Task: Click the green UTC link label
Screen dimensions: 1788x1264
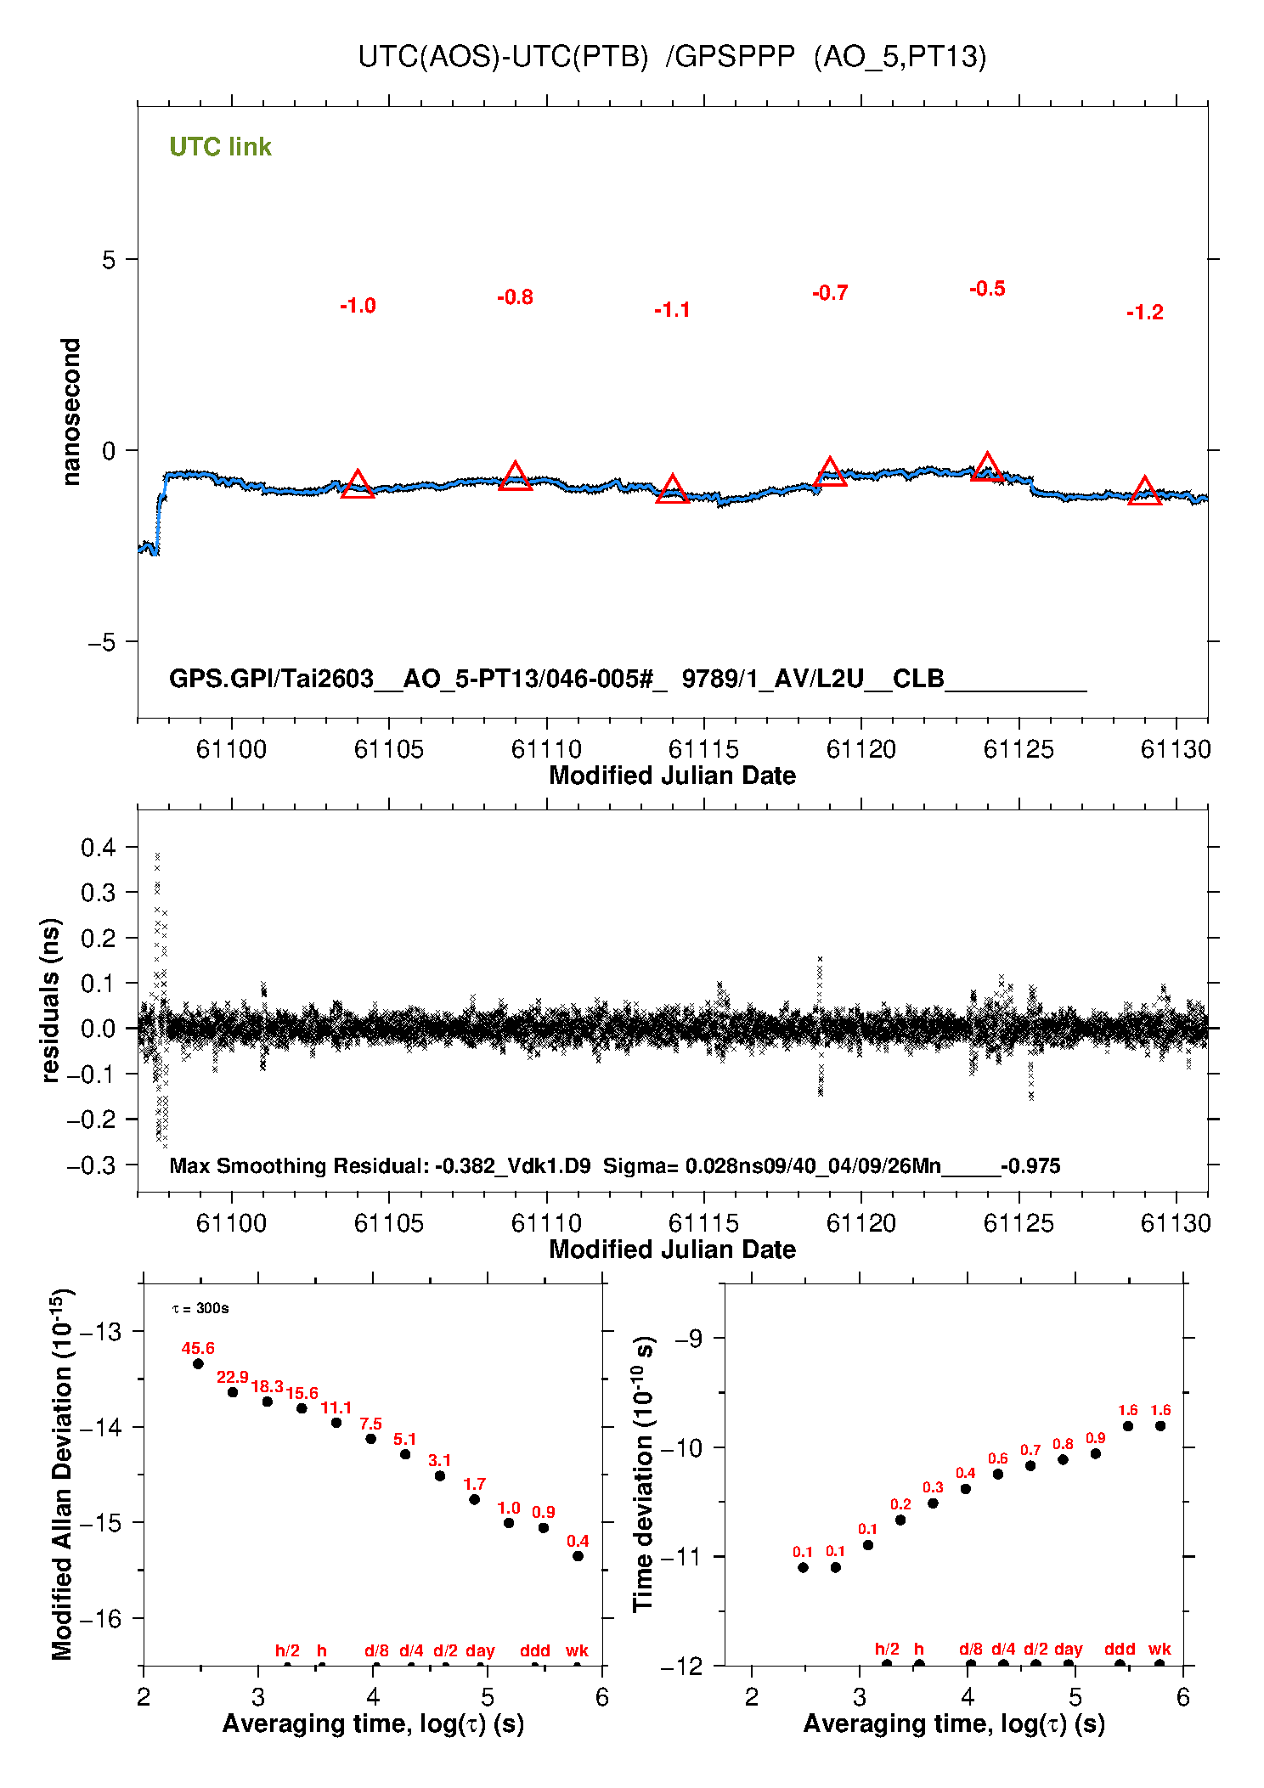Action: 220,147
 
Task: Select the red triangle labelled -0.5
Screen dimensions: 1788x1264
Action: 987,467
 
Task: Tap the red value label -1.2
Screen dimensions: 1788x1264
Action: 1144,313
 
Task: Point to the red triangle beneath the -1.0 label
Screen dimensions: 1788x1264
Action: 358,485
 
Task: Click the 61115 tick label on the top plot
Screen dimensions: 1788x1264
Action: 703,749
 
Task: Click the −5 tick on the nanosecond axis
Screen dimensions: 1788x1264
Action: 101,642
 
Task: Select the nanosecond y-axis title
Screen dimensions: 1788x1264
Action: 71,412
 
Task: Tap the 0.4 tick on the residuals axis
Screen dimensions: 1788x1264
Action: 98,847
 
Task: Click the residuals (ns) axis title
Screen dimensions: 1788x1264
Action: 51,1001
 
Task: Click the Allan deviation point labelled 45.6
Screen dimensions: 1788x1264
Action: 198,1364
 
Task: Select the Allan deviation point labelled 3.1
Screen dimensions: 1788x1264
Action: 440,1475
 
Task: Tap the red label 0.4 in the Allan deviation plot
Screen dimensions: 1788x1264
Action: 578,1541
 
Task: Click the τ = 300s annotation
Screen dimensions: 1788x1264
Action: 200,1308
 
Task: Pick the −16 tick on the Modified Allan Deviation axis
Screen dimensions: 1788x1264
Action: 99,1619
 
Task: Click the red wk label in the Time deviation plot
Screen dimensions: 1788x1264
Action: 1160,1650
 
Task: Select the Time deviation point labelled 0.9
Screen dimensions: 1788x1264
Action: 1096,1453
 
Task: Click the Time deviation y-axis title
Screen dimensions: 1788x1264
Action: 645,1473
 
